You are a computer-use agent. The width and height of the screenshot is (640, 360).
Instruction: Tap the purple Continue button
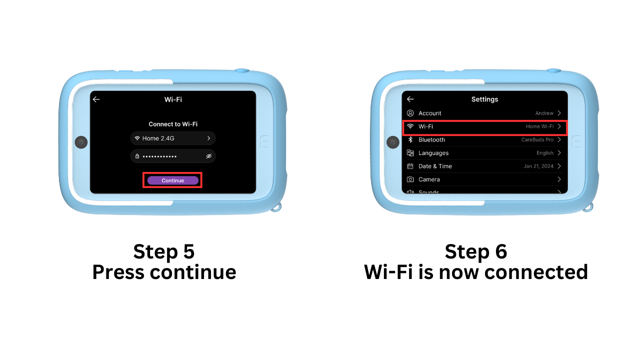pyautogui.click(x=173, y=180)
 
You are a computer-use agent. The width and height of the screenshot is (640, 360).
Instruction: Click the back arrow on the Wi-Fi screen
pyautogui.click(x=96, y=99)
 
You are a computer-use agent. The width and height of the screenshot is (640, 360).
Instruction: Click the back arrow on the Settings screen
pyautogui.click(x=410, y=99)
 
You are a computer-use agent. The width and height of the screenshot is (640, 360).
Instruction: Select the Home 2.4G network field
pyautogui.click(x=173, y=138)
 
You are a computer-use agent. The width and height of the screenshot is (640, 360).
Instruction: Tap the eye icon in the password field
pyautogui.click(x=209, y=156)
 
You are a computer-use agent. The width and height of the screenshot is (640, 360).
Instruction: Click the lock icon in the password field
pyautogui.click(x=137, y=156)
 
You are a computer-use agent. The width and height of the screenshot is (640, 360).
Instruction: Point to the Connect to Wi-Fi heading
pyautogui.click(x=173, y=124)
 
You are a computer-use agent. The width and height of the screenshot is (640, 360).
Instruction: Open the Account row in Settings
pyautogui.click(x=429, y=113)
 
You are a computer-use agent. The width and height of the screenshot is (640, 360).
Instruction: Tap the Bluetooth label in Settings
pyautogui.click(x=431, y=140)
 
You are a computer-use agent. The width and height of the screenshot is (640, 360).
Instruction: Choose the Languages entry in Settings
pyautogui.click(x=433, y=153)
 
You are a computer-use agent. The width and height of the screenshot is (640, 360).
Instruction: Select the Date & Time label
pyautogui.click(x=435, y=166)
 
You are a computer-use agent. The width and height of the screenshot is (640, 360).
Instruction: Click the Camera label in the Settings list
pyautogui.click(x=429, y=179)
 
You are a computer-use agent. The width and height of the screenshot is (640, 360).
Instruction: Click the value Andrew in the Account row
pyautogui.click(x=544, y=113)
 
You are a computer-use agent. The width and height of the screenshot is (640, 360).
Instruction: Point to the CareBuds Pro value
pyautogui.click(x=537, y=140)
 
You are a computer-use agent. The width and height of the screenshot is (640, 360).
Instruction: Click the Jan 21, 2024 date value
pyautogui.click(x=538, y=166)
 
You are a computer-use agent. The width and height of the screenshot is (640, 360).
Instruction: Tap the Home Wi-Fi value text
pyautogui.click(x=539, y=127)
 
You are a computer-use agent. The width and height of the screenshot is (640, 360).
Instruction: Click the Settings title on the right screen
pyautogui.click(x=484, y=99)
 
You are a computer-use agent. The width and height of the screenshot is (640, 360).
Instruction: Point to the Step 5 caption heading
pyautogui.click(x=164, y=251)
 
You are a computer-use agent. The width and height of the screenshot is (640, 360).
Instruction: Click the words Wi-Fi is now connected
pyautogui.click(x=475, y=272)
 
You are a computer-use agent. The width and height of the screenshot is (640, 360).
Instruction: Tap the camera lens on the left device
pyautogui.click(x=81, y=142)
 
